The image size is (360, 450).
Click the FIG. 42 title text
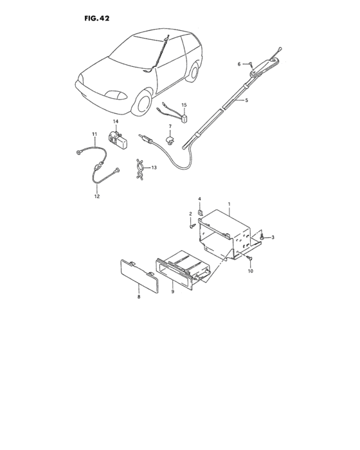(96, 18)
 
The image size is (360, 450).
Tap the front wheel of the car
(142, 104)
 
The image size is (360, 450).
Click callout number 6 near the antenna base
(239, 64)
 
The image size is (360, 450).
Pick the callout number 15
(184, 105)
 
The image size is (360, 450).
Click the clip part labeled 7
(172, 138)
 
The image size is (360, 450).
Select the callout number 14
(116, 122)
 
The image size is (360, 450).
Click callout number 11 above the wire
(94, 134)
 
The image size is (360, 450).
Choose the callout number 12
(98, 197)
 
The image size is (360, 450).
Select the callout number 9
(173, 292)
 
